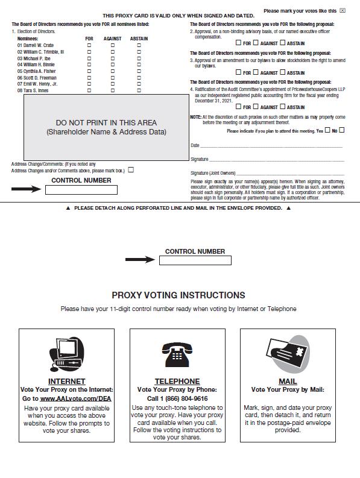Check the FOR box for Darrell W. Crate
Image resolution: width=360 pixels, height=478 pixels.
(x=89, y=45)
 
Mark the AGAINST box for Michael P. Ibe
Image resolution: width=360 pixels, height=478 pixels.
(x=113, y=58)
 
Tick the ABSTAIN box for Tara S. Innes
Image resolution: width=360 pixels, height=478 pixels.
(x=139, y=90)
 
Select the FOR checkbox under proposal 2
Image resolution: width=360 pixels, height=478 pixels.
(x=238, y=43)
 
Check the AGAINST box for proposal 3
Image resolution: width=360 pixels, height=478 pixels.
(x=256, y=72)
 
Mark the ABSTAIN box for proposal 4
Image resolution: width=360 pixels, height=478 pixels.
(x=283, y=107)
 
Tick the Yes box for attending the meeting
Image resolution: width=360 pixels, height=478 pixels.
(x=327, y=130)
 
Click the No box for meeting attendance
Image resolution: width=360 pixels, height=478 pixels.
(x=342, y=130)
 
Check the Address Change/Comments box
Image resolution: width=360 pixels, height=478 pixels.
(x=131, y=170)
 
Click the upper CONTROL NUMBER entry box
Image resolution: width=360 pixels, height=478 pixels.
(x=81, y=190)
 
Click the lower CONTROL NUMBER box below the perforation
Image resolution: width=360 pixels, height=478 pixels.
(x=195, y=260)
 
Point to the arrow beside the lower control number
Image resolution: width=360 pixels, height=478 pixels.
(x=140, y=259)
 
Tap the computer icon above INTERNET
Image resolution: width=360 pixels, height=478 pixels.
(x=67, y=354)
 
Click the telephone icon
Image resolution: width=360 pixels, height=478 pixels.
(x=177, y=354)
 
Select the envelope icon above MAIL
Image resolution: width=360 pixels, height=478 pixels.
(x=288, y=354)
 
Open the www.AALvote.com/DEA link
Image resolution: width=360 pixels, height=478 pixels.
(x=75, y=399)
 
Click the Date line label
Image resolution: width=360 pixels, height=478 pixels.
(x=195, y=145)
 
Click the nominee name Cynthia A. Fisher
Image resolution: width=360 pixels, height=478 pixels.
(x=37, y=71)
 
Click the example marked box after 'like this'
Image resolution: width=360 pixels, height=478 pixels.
(x=343, y=11)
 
